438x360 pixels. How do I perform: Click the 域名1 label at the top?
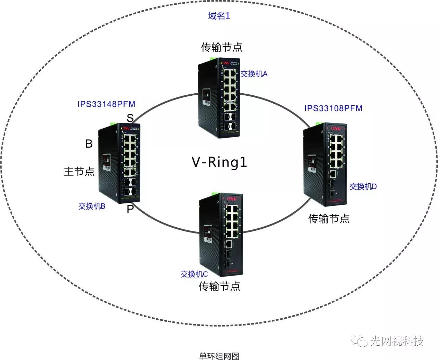click(x=219, y=16)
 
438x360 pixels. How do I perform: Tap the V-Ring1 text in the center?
click(x=219, y=162)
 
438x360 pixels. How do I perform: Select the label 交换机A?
click(x=254, y=74)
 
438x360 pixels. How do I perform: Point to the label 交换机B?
click(x=92, y=206)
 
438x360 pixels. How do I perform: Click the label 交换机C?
click(x=194, y=274)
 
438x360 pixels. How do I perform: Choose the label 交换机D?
click(x=363, y=187)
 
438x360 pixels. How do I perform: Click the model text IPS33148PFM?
click(x=106, y=104)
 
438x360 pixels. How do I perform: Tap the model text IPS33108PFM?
click(x=333, y=108)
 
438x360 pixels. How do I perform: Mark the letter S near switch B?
click(x=130, y=118)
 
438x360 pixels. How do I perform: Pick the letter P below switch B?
click(x=130, y=209)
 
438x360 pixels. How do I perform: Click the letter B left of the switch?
click(x=89, y=144)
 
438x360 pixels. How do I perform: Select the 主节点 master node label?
click(x=79, y=171)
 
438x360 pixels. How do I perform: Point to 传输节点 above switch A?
click(x=221, y=47)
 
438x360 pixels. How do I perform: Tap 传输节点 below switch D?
click(x=329, y=219)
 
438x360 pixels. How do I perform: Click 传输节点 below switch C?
click(x=219, y=286)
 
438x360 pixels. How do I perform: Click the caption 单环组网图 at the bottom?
click(x=219, y=356)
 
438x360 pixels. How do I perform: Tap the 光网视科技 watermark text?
click(x=397, y=341)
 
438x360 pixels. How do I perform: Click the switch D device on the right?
click(x=325, y=164)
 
